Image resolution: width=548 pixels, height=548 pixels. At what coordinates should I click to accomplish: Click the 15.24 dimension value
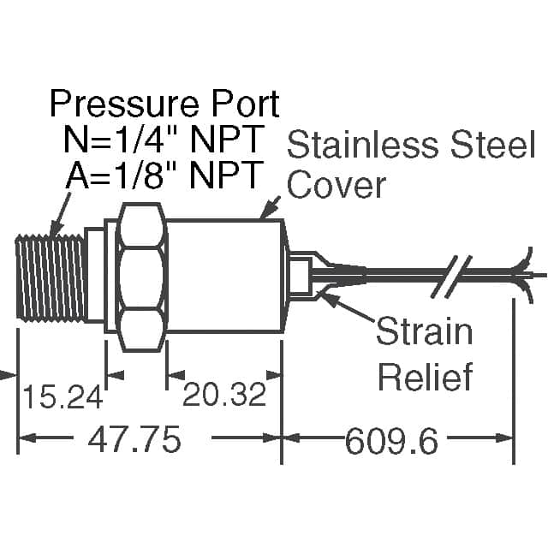[x=63, y=396]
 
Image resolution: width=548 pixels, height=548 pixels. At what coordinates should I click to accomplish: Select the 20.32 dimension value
[x=224, y=394]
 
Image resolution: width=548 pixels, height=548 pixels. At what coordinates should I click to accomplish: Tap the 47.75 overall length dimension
[x=134, y=438]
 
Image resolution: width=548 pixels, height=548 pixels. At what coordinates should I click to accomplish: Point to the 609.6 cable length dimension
[x=391, y=441]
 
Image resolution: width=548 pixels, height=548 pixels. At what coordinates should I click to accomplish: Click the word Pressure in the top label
[x=125, y=104]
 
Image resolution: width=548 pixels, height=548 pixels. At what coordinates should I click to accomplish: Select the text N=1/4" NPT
[x=164, y=140]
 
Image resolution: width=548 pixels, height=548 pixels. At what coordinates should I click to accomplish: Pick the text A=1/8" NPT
[x=164, y=175]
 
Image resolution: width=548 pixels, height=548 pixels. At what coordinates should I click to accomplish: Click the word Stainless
[x=363, y=144]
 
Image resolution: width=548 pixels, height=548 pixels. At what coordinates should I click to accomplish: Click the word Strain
[x=425, y=331]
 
